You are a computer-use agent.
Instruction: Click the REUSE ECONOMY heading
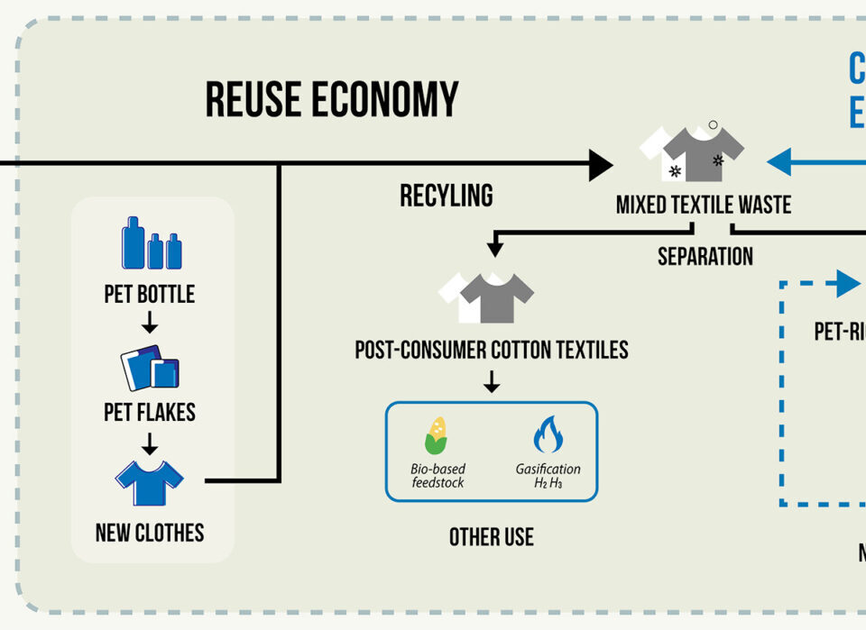click(x=332, y=99)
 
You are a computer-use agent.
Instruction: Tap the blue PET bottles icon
click(x=152, y=243)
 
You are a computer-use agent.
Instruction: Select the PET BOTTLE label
click(x=150, y=295)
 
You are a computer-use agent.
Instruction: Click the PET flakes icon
click(x=150, y=368)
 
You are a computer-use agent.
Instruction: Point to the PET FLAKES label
click(x=150, y=413)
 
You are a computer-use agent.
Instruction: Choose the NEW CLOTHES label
click(x=150, y=533)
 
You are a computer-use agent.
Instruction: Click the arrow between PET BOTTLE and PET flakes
click(x=150, y=323)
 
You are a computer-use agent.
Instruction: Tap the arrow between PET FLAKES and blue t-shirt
click(x=150, y=442)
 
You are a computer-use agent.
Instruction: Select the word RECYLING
click(x=447, y=196)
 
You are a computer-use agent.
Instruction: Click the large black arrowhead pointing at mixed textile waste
click(x=600, y=165)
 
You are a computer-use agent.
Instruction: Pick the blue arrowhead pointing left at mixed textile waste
click(x=779, y=162)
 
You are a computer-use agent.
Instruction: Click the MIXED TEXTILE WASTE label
click(x=704, y=205)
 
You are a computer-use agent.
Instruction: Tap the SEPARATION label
click(x=705, y=257)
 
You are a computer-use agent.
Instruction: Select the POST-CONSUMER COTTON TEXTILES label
click(x=492, y=350)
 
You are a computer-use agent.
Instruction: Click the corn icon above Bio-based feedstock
click(x=437, y=435)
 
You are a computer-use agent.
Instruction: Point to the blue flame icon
click(x=548, y=434)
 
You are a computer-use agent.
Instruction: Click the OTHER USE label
click(x=492, y=538)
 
